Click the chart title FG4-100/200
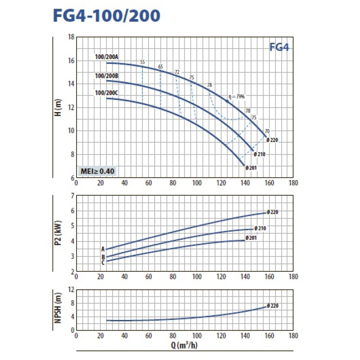pyautogui.click(x=106, y=16)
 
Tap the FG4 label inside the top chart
pyautogui.click(x=279, y=47)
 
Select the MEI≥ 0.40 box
pyautogui.click(x=97, y=171)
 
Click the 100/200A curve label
pyautogui.click(x=106, y=57)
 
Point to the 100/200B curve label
pyautogui.click(x=106, y=76)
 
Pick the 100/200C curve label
pyautogui.click(x=106, y=93)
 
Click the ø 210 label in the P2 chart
pyautogui.click(x=260, y=229)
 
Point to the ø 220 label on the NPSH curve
pyautogui.click(x=273, y=306)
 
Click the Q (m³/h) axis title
pyautogui.click(x=184, y=346)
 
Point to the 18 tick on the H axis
pyautogui.click(x=71, y=37)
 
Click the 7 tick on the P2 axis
pyautogui.click(x=72, y=196)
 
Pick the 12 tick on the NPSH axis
pyautogui.click(x=71, y=290)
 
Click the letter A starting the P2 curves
pyautogui.click(x=103, y=249)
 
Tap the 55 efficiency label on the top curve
pyautogui.click(x=143, y=62)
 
